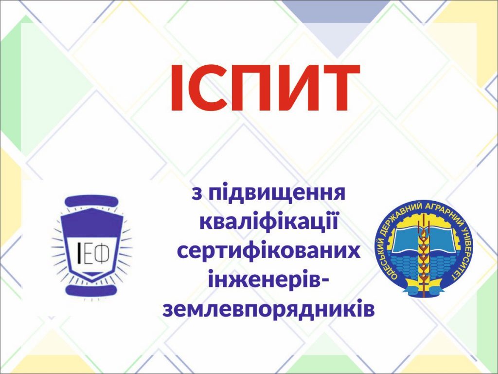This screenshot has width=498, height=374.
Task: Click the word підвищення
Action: click(x=277, y=193)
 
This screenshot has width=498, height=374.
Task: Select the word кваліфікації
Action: click(x=268, y=222)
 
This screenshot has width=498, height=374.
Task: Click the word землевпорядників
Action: click(x=268, y=309)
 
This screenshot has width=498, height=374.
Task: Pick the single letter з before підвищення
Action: click(x=196, y=195)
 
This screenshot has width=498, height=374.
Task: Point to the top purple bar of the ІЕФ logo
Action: click(x=92, y=201)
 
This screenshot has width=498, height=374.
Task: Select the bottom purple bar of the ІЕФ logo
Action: click(x=90, y=290)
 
